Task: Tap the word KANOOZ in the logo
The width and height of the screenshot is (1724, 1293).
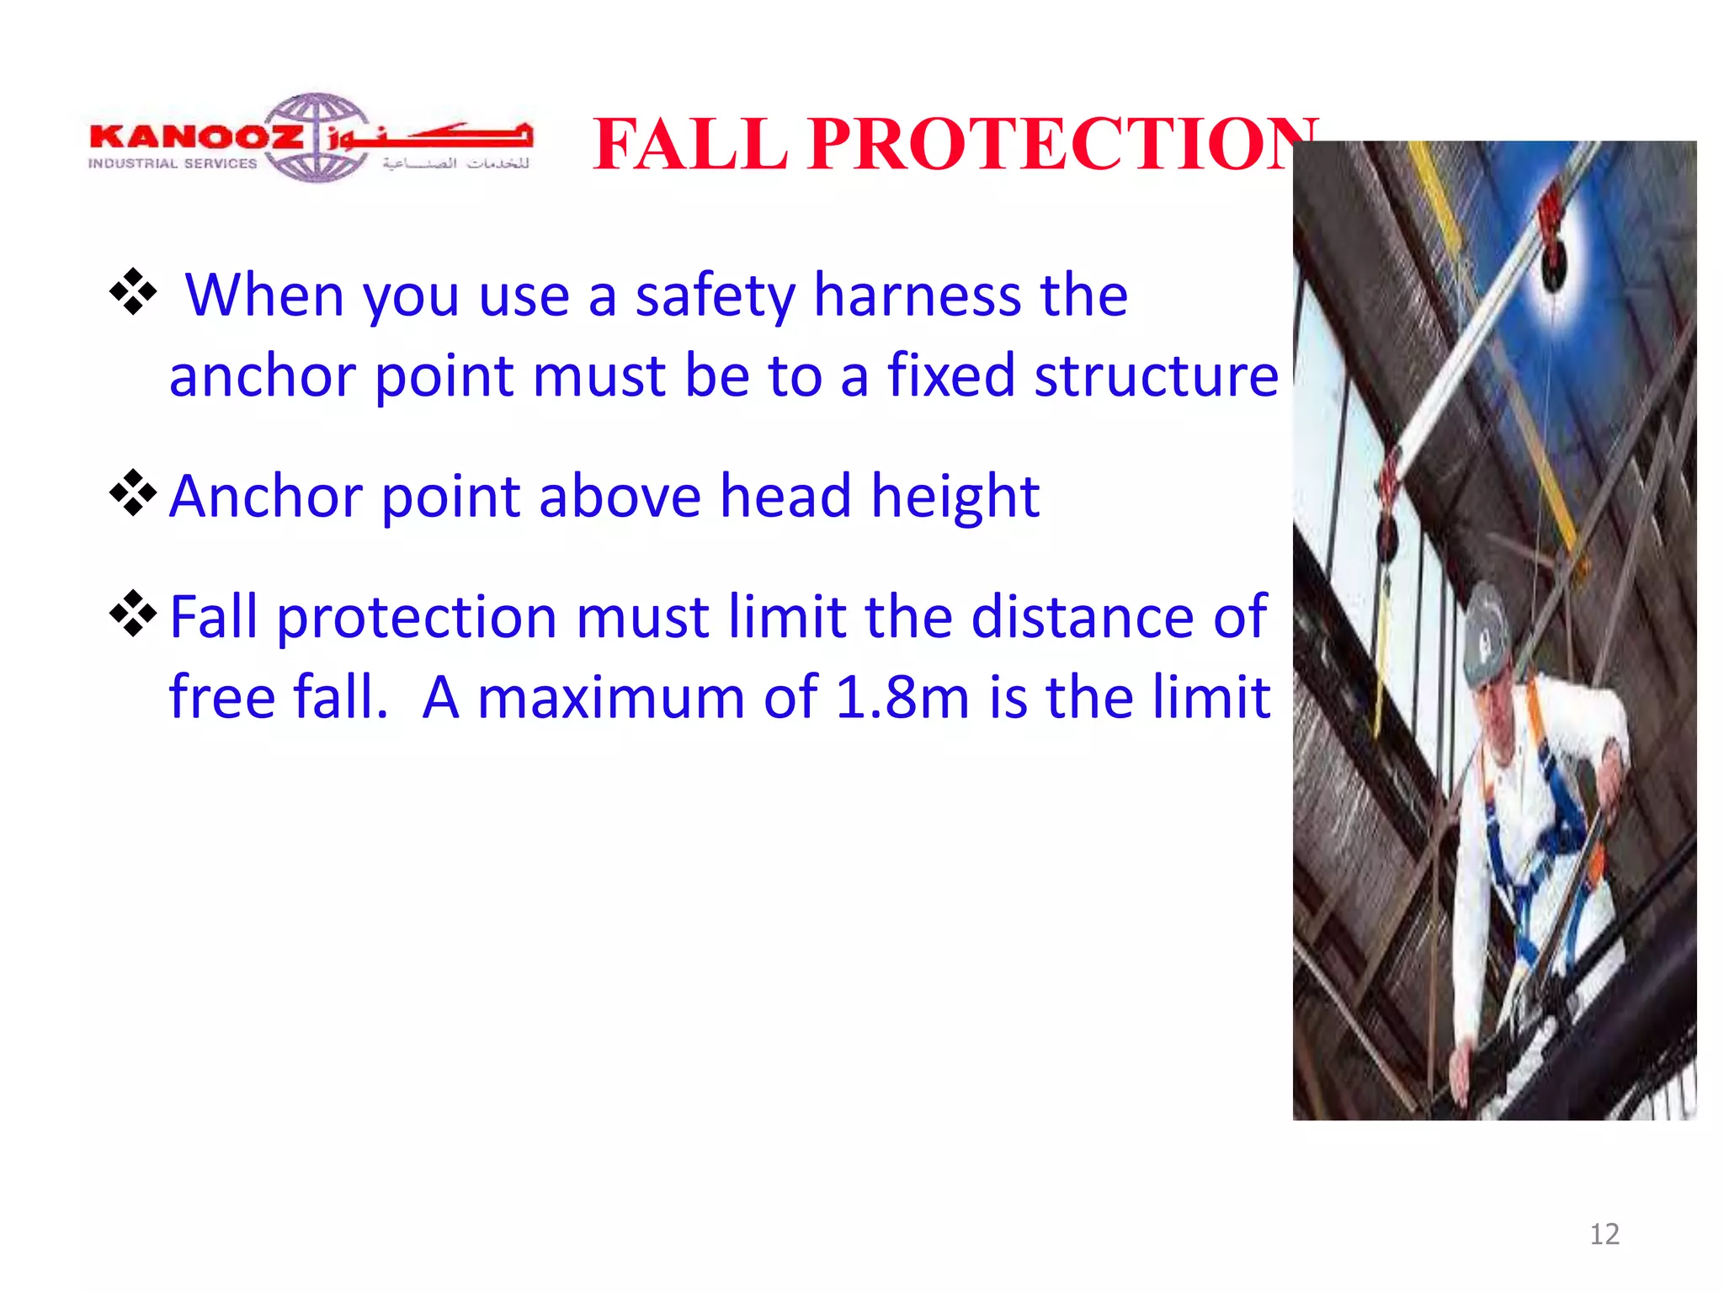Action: click(x=195, y=136)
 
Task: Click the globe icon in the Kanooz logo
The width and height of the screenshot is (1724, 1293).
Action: click(x=317, y=137)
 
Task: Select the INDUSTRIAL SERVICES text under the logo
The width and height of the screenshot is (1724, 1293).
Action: click(x=173, y=163)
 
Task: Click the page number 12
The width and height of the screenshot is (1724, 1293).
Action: click(x=1604, y=1234)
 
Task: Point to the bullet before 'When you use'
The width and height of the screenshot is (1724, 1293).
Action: click(x=133, y=292)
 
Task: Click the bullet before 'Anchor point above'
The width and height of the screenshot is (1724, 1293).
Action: click(x=133, y=492)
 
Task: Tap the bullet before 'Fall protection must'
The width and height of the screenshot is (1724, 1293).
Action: click(x=133, y=614)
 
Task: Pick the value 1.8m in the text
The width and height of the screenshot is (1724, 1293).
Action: click(x=902, y=698)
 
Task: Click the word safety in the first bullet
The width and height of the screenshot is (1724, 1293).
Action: click(x=715, y=297)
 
